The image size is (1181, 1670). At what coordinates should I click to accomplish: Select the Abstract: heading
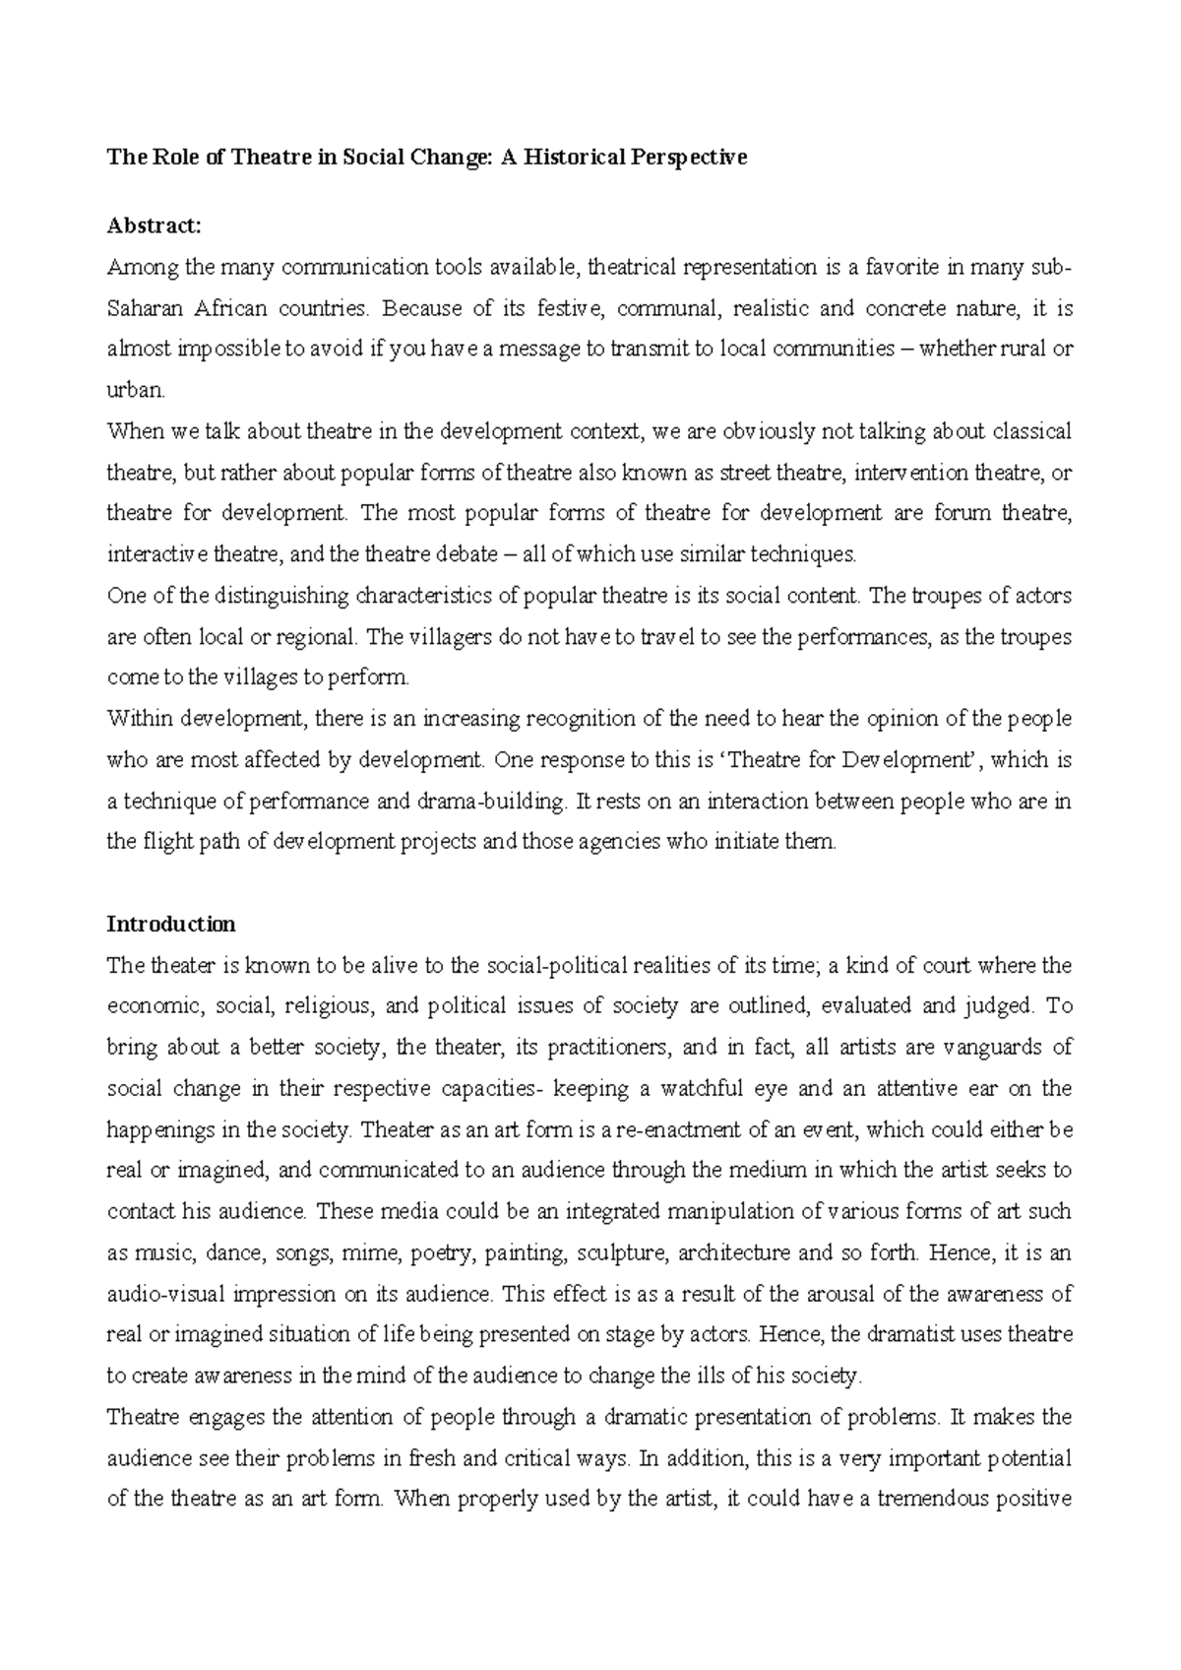(x=154, y=225)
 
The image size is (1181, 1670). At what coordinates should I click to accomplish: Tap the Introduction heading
(x=171, y=925)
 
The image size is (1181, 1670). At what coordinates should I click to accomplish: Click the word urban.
(x=135, y=391)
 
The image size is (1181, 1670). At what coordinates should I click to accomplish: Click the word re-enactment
(x=684, y=1130)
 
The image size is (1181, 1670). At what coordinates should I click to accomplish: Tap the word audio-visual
(x=160, y=1295)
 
